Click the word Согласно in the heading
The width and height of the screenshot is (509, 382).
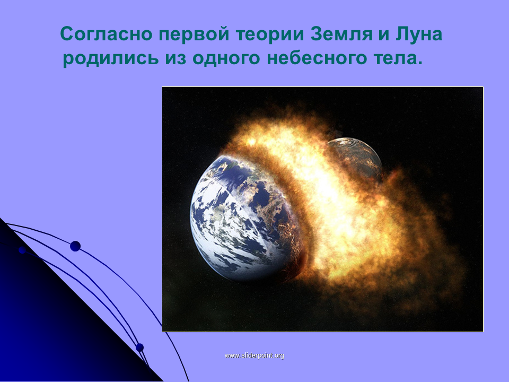[106, 34]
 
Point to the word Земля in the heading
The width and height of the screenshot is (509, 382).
[341, 34]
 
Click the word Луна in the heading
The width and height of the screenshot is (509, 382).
[419, 34]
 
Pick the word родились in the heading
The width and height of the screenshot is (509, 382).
[111, 58]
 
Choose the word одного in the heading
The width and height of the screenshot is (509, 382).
[226, 58]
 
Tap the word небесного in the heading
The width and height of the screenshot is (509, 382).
[317, 58]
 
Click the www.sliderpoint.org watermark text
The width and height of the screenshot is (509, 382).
[254, 355]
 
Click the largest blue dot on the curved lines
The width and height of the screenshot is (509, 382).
[75, 246]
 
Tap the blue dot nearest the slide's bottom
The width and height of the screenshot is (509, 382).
[139, 348]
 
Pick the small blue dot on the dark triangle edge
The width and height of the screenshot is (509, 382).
[22, 250]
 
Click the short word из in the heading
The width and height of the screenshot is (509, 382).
[175, 58]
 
